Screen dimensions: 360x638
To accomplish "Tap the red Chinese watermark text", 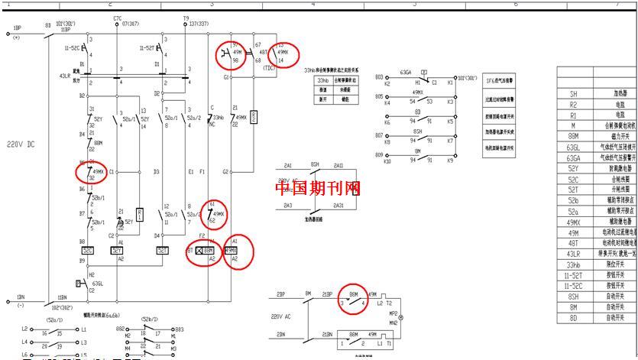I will (318, 188).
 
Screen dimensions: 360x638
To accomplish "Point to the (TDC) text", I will (270, 67).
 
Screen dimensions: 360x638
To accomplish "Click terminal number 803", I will (378, 76).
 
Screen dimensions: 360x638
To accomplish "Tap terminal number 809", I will (378, 155).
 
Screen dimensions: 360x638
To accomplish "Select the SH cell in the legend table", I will (573, 93).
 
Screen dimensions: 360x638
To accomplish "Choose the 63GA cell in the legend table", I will (573, 157).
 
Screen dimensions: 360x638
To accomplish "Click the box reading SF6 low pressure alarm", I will (500, 80).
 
